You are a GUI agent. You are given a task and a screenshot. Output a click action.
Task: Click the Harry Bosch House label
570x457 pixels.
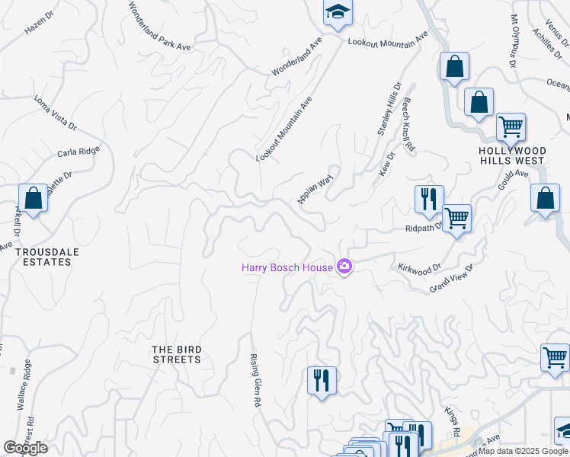click(x=287, y=267)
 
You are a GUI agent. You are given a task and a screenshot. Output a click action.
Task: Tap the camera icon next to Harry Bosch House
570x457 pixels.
click(x=344, y=267)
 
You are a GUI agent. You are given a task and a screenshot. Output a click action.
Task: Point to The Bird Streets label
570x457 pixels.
click(x=176, y=354)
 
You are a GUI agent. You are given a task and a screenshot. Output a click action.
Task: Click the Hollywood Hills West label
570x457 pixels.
click(x=511, y=155)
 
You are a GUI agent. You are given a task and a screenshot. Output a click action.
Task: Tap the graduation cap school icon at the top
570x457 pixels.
click(x=337, y=13)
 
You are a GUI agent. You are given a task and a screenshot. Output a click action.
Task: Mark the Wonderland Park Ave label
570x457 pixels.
click(x=159, y=26)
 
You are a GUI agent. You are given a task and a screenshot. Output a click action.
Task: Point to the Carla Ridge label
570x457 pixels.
click(x=78, y=152)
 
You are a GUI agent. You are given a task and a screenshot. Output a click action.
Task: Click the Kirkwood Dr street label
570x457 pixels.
click(x=419, y=269)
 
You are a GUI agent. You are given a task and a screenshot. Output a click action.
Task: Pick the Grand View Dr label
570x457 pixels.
click(x=451, y=278)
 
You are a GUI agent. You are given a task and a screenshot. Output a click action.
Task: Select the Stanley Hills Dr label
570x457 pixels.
click(x=389, y=110)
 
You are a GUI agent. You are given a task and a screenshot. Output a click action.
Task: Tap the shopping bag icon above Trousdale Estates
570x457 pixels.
click(x=33, y=199)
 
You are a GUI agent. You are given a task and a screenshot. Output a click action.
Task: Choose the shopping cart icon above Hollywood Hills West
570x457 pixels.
click(x=510, y=126)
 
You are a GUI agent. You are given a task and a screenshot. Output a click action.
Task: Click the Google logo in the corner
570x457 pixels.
click(x=25, y=448)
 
